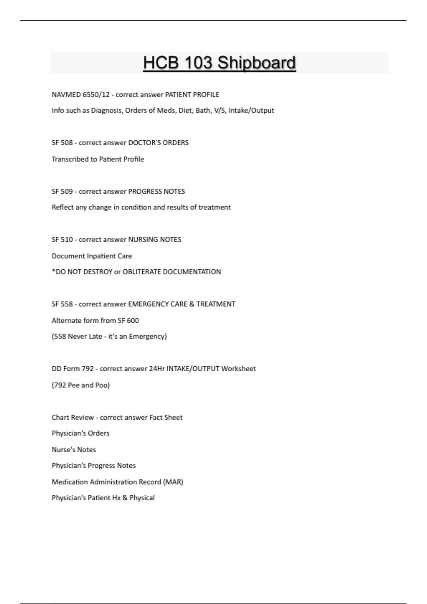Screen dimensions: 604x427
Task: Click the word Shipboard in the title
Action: pyautogui.click(x=256, y=63)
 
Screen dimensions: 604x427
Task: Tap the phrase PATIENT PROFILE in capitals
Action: pyautogui.click(x=192, y=95)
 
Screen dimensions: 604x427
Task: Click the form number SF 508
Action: pyautogui.click(x=62, y=143)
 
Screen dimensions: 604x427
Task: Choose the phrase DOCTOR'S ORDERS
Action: pyautogui.click(x=158, y=143)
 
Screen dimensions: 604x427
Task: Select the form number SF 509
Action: pyautogui.click(x=62, y=192)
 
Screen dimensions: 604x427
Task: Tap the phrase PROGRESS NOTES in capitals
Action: pyautogui.click(x=157, y=192)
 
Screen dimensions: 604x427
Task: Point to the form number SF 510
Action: pyautogui.click(x=62, y=239)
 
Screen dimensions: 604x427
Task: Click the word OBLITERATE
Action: pyautogui.click(x=142, y=272)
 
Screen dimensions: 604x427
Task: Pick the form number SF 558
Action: pyautogui.click(x=62, y=304)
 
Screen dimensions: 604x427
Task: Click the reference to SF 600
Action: pyautogui.click(x=128, y=320)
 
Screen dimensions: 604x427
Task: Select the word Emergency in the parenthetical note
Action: pyautogui.click(x=148, y=336)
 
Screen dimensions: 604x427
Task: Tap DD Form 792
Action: pyautogui.click(x=73, y=369)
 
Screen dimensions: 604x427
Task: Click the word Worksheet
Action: pyautogui.click(x=238, y=369)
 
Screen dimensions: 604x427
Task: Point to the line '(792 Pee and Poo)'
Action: pyautogui.click(x=81, y=385)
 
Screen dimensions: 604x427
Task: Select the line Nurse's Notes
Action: pyautogui.click(x=74, y=450)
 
